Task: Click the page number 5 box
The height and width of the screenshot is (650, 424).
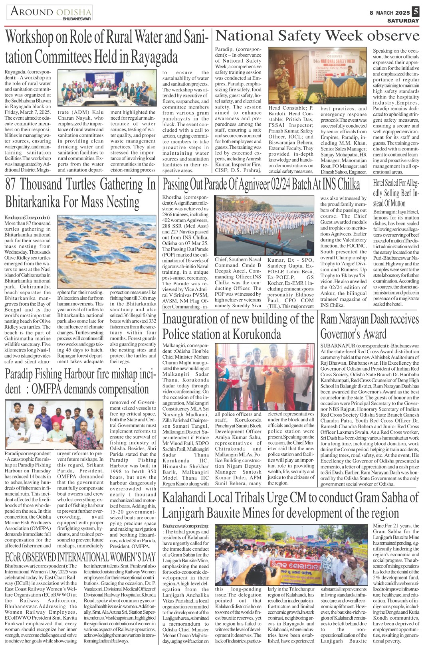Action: (416, 12)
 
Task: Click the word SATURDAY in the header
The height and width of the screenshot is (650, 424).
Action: (403, 21)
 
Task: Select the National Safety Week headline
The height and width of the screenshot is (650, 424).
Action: (317, 37)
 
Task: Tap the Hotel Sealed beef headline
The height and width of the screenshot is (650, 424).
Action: (396, 193)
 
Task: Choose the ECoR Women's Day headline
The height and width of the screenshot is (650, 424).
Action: (80, 557)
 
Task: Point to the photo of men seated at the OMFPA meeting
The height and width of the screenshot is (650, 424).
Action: (55, 425)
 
